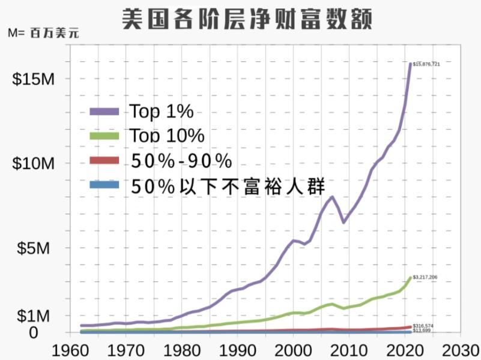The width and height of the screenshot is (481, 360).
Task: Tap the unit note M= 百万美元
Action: (x=43, y=33)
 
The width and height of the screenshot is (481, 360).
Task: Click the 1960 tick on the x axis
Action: (x=70, y=349)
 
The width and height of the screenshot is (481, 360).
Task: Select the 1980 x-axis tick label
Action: (x=181, y=349)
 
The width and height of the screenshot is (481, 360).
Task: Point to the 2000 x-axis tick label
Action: (x=293, y=349)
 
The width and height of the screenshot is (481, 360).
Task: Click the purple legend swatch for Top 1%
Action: (x=106, y=112)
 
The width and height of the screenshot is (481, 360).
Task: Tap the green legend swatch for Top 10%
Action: (x=106, y=136)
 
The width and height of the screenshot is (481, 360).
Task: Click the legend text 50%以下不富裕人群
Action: (x=228, y=185)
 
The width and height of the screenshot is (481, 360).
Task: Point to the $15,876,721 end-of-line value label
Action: (x=427, y=64)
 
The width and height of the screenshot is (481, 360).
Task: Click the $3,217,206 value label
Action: (x=425, y=277)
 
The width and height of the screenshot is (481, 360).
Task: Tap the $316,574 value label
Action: (x=423, y=326)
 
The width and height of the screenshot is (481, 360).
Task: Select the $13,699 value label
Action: (x=422, y=331)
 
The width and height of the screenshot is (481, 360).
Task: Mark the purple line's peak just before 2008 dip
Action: (x=332, y=197)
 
